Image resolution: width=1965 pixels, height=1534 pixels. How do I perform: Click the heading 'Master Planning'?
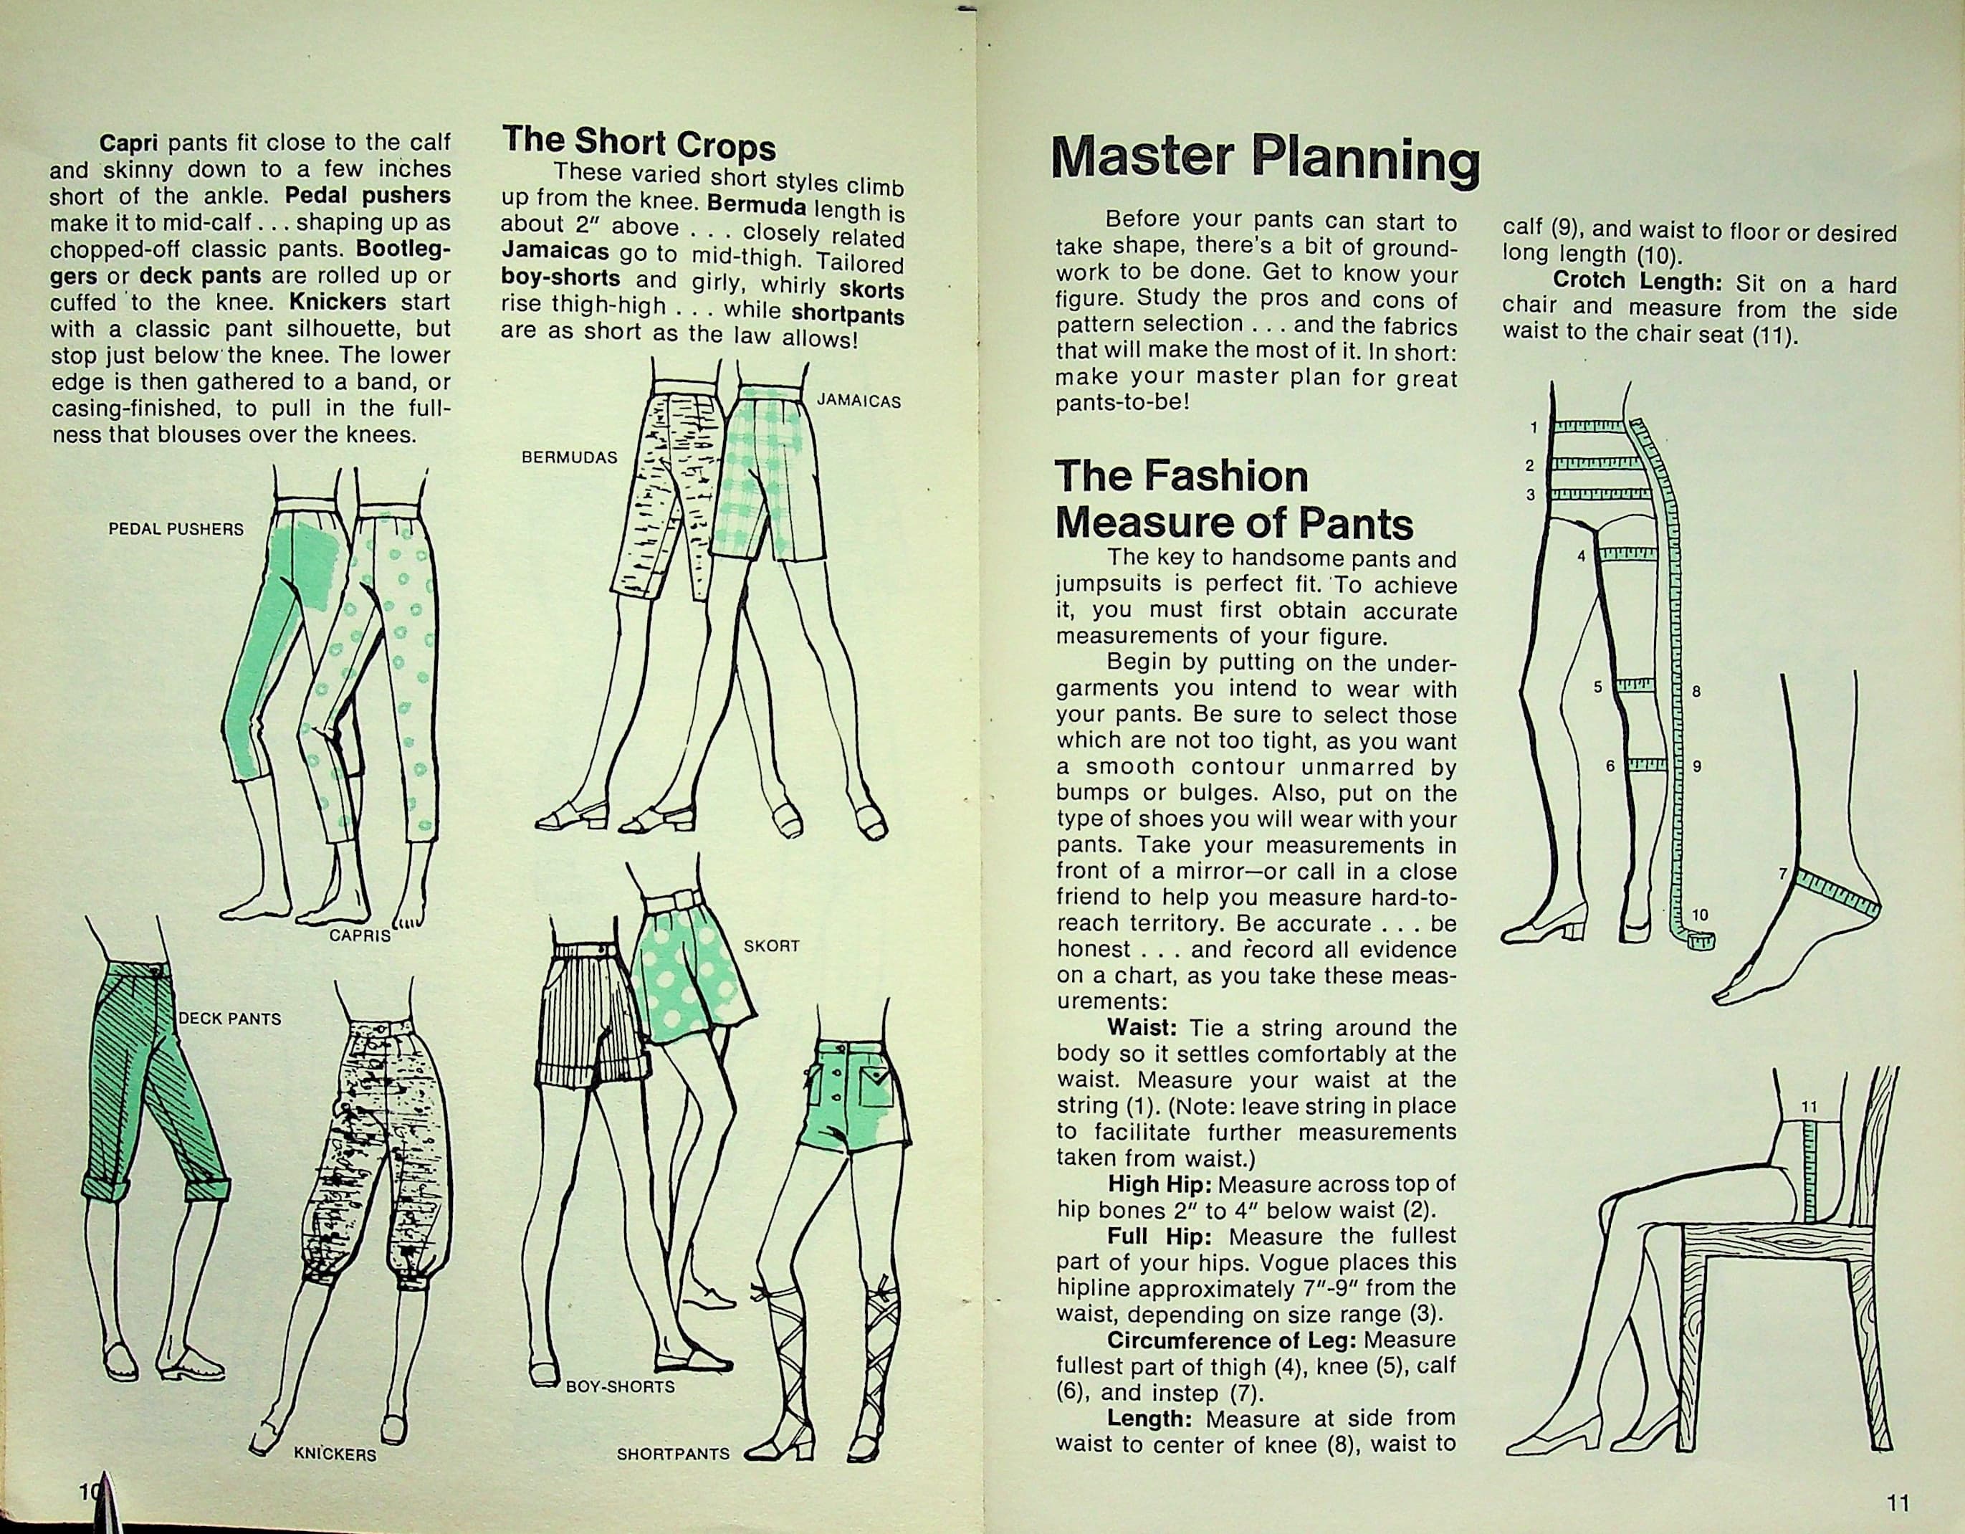tap(1266, 160)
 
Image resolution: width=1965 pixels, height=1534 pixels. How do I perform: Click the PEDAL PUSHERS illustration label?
tap(176, 529)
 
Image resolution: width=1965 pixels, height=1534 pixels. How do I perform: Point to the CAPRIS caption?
tap(360, 935)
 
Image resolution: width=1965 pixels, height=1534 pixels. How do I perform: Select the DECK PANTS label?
tap(230, 1019)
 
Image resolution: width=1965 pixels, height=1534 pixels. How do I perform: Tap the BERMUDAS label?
tap(570, 457)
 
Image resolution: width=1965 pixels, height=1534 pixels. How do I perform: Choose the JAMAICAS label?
tap(859, 401)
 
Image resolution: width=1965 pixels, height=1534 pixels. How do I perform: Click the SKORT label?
tap(772, 946)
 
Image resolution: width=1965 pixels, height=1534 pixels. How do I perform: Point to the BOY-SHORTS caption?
tap(620, 1386)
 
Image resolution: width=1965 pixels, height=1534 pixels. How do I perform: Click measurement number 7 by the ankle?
tap(1782, 872)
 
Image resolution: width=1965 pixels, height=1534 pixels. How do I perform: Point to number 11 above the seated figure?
tap(1809, 1106)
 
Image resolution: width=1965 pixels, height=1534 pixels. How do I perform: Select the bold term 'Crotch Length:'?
tap(1637, 282)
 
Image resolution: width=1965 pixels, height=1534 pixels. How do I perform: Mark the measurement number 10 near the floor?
tap(1700, 915)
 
